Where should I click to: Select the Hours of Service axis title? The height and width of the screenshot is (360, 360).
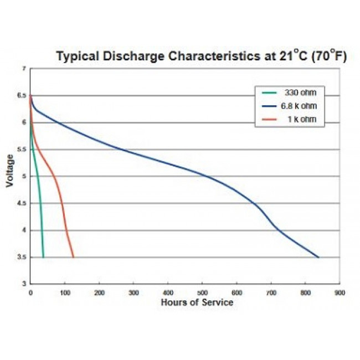coord(197,302)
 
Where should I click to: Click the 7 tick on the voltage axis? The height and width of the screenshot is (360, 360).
coord(24,69)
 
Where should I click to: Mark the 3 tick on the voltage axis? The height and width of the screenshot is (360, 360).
coord(24,284)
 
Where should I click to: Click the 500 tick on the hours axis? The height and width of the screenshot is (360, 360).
coord(203,292)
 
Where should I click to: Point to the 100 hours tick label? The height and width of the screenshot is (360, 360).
coord(65,292)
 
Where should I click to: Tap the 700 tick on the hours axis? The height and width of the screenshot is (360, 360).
coord(271,292)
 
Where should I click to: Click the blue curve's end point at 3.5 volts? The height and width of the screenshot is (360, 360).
coord(318,257)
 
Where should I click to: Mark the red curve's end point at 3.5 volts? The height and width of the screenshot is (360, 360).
coord(73,257)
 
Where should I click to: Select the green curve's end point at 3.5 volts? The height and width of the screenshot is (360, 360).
coord(43,257)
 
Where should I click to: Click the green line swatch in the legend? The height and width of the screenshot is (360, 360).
coord(269,92)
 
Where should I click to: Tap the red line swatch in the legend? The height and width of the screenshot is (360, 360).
coord(269,120)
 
